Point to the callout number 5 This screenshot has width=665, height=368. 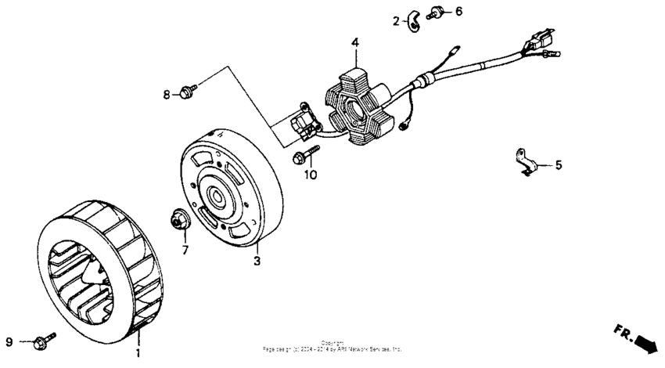point(559,165)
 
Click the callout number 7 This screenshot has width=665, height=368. point(185,250)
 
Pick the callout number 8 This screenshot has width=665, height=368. point(167,95)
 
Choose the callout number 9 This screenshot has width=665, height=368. point(9,342)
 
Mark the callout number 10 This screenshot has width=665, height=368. point(311,175)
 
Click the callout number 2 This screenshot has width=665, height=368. point(396,21)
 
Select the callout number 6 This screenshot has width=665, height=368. point(458,11)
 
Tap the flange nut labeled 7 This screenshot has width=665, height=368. point(178,222)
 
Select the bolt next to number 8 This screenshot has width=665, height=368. point(186,92)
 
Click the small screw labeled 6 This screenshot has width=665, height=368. point(437,13)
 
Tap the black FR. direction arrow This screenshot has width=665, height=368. point(635,339)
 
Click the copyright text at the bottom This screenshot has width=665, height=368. point(332,345)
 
